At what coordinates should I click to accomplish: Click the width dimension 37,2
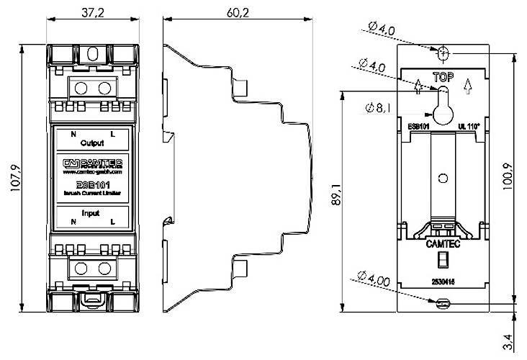[93, 13]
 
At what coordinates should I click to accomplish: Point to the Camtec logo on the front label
[92, 163]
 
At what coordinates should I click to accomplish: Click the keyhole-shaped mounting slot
[443, 104]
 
